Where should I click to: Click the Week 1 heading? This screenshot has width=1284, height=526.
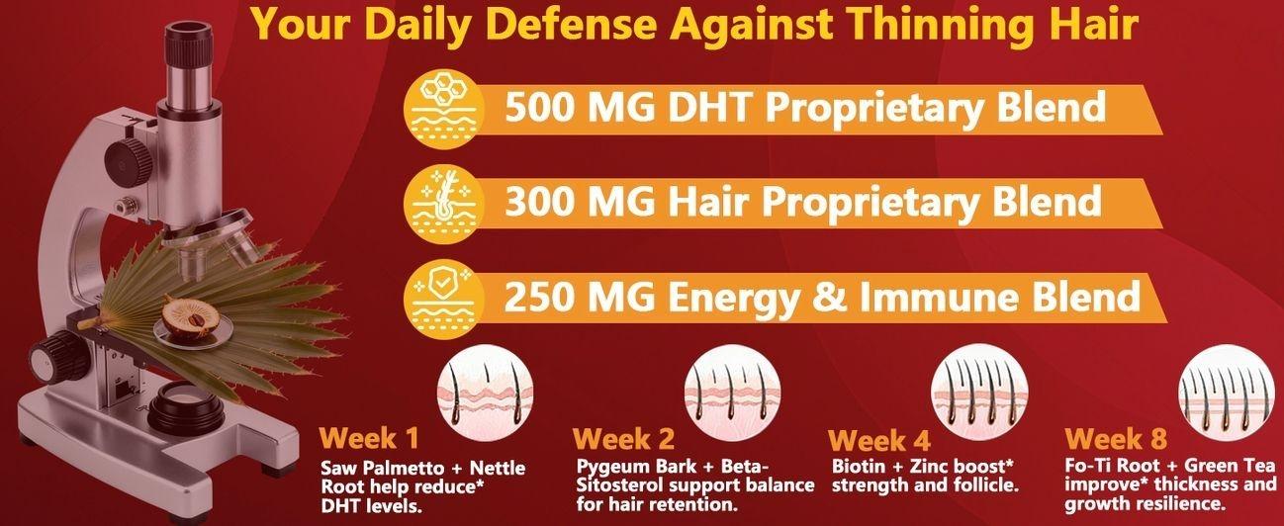(369, 437)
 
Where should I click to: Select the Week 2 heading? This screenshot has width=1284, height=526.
(624, 438)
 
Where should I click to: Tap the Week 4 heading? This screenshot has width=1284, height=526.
(879, 440)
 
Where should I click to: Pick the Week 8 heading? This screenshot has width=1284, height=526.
(1116, 438)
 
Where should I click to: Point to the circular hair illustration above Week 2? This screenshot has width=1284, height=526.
(730, 385)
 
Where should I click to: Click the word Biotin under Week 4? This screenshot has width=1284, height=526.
(860, 466)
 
